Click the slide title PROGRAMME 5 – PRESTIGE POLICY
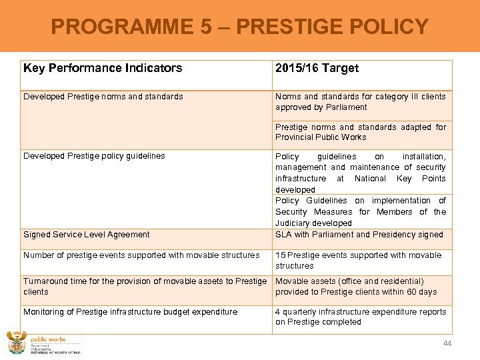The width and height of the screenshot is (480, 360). [240, 27]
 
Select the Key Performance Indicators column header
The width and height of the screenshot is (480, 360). [103, 68]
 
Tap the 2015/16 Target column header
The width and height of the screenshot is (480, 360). [317, 68]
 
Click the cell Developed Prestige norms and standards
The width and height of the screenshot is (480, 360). [103, 97]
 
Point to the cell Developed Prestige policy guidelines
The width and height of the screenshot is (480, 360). [94, 156]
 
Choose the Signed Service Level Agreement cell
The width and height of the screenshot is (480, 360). [87, 235]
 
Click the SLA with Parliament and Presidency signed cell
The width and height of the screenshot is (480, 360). [359, 235]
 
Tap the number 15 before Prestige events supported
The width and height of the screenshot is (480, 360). [280, 255]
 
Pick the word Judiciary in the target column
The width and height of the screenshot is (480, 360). [295, 223]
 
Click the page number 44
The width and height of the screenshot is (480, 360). [447, 343]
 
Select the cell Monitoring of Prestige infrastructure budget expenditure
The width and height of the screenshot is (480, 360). [130, 312]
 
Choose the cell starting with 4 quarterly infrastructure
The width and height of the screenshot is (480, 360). [361, 317]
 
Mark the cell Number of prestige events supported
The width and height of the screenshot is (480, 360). [141, 255]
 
